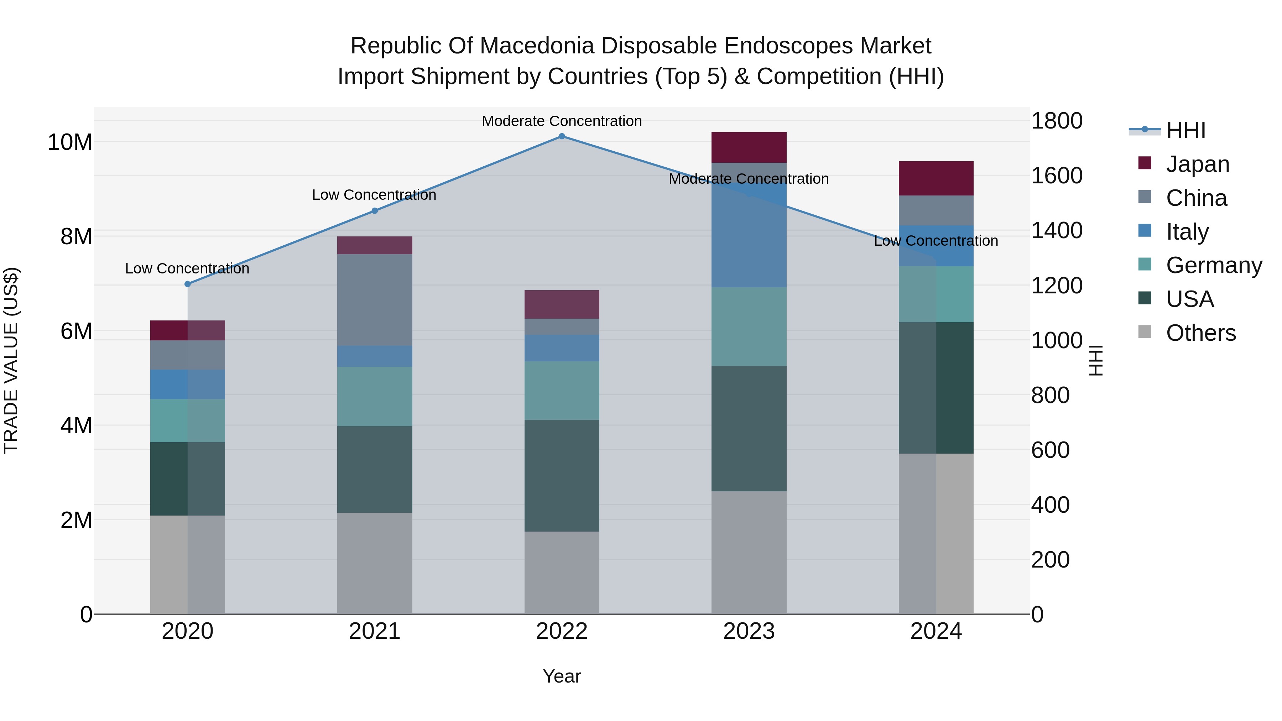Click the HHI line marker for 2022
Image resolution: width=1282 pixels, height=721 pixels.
562,136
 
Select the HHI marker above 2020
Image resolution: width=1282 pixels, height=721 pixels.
188,284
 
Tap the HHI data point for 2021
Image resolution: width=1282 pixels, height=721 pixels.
375,211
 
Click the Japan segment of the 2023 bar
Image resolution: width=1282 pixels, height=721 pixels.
749,147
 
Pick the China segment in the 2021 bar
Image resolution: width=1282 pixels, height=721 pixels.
375,300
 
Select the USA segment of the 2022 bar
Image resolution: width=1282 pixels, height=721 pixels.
562,476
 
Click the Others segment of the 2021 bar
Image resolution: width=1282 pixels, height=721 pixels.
375,563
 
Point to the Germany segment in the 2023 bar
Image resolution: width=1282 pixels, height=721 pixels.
749,326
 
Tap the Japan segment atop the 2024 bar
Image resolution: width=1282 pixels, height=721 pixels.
936,178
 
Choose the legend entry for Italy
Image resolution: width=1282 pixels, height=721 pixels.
1187,232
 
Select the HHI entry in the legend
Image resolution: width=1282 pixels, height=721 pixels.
1185,130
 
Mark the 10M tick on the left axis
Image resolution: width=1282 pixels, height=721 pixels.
70,142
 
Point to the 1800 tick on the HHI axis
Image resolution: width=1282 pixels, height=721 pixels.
1057,121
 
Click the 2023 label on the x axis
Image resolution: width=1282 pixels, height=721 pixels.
749,631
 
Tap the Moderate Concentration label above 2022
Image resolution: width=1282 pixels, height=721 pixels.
562,121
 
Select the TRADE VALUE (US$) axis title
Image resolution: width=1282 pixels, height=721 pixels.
11,360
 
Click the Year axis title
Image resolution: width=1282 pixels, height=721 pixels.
562,676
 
